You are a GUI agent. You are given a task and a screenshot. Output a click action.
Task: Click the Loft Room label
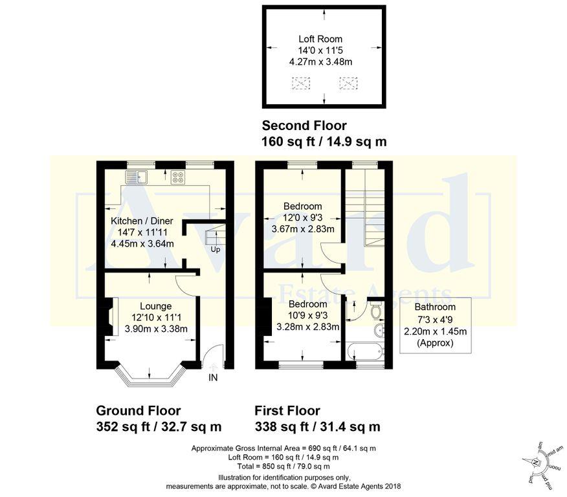[321, 39]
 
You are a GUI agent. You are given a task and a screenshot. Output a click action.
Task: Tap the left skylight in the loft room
[301, 83]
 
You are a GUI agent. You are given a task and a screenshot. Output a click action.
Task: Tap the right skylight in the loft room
[348, 83]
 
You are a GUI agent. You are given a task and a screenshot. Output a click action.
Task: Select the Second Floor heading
[304, 126]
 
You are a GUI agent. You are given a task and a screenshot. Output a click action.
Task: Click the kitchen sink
[137, 177]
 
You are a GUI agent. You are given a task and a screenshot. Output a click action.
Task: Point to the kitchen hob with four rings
[178, 178]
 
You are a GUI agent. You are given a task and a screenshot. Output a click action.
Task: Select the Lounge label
[155, 305]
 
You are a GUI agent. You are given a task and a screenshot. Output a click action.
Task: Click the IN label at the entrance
[213, 378]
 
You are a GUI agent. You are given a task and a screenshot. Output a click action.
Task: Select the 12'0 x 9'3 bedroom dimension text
[303, 217]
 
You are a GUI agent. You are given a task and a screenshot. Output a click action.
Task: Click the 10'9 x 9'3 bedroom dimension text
[307, 315]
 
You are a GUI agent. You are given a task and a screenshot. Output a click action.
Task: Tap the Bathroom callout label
[435, 307]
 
